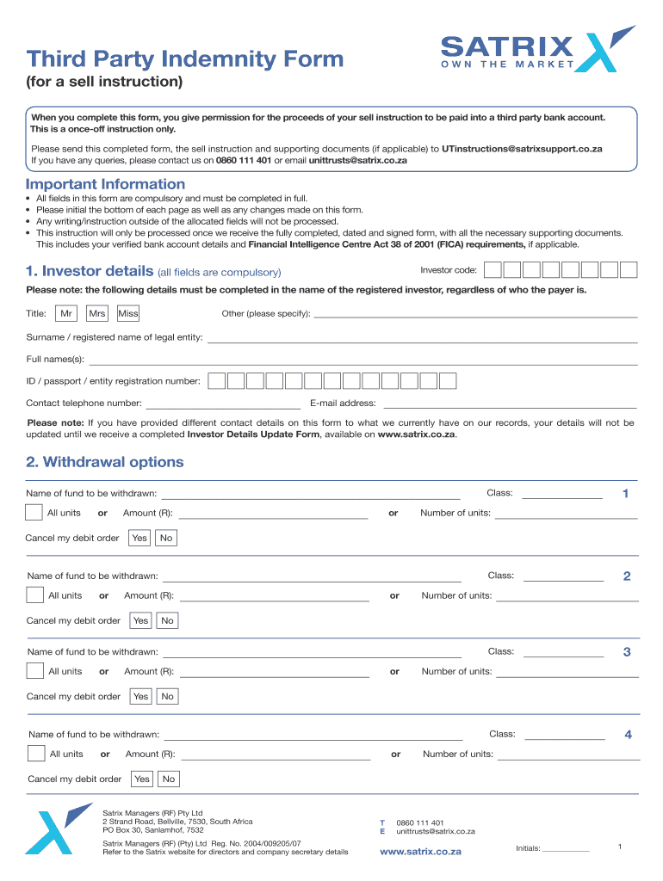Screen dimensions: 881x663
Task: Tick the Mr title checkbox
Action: [x=66, y=314]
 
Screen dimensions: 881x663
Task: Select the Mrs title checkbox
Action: [x=97, y=314]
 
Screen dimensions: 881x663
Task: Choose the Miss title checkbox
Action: [x=128, y=314]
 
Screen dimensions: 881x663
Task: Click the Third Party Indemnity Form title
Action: [x=184, y=59]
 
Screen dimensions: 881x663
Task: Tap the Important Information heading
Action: [x=105, y=184]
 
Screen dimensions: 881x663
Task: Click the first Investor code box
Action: [x=493, y=270]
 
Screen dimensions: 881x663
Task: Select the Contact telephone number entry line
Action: [x=223, y=404]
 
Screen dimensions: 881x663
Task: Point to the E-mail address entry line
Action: [x=509, y=404]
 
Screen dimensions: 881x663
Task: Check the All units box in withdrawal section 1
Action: [x=34, y=513]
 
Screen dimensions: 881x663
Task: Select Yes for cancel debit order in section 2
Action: [x=140, y=620]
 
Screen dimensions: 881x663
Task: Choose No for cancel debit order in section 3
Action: [x=167, y=696]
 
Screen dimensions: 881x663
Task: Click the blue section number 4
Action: [x=629, y=735]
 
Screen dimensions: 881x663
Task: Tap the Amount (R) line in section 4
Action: [x=276, y=756]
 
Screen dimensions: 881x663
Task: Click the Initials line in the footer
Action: [x=566, y=849]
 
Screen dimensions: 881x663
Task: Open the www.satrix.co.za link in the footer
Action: [x=420, y=852]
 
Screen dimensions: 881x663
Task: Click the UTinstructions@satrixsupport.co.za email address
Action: [x=522, y=149]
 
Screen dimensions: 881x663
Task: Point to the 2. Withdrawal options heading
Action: [x=105, y=462]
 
